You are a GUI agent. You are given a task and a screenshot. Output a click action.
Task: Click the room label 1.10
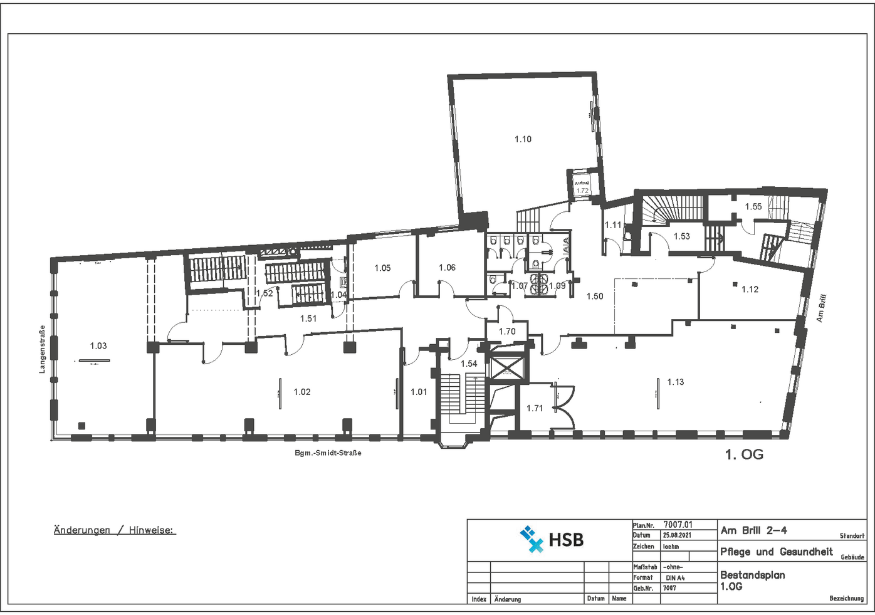point(523,139)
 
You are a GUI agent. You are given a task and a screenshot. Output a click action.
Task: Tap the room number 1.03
point(98,345)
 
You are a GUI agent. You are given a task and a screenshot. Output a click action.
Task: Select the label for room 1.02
point(302,392)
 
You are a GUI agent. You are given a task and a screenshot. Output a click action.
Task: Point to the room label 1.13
point(676,382)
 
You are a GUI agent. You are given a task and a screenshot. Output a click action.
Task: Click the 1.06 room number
point(447,268)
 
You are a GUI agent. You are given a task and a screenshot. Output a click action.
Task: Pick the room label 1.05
point(382,268)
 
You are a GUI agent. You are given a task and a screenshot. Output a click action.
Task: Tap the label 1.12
point(750,289)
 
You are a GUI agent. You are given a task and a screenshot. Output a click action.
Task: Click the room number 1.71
point(535,408)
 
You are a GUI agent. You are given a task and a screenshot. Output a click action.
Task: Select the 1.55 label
point(753,206)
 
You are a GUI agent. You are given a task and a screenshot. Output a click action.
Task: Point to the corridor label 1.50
point(595,296)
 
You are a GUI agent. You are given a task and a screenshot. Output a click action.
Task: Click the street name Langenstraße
point(42,349)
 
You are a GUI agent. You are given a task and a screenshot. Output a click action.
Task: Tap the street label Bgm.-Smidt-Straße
point(328,453)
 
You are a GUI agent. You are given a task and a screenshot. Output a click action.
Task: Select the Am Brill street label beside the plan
point(821,308)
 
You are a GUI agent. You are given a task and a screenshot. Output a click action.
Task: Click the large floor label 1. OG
point(744,455)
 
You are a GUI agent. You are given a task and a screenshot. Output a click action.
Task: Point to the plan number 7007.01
point(678,525)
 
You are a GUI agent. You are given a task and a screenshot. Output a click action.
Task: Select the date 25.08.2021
point(677,535)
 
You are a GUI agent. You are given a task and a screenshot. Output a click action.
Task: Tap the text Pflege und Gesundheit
point(776,552)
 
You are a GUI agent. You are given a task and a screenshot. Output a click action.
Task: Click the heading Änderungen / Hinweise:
point(115,530)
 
